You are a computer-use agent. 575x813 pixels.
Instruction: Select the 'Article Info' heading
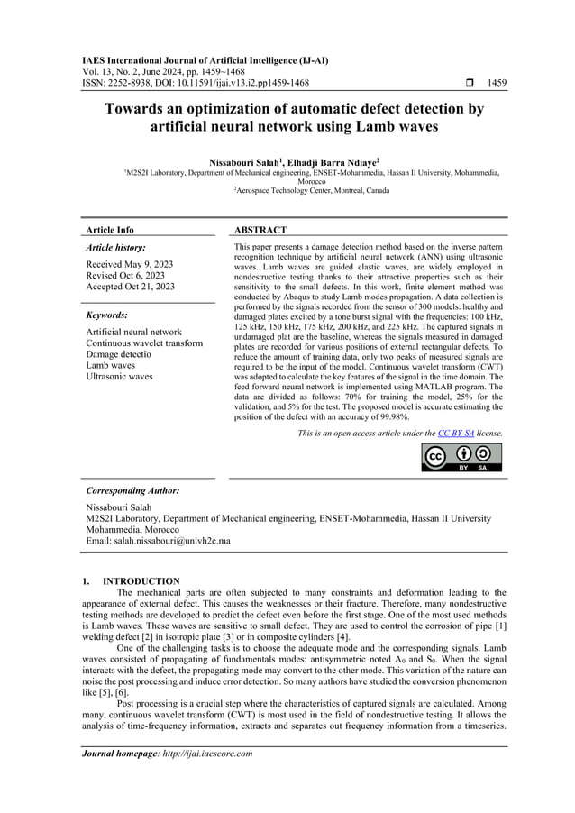(108, 230)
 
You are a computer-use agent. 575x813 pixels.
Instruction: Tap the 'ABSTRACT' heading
(260, 230)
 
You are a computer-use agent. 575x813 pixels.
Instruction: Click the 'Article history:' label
(114, 247)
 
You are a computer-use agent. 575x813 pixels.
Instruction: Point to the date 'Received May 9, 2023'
(128, 263)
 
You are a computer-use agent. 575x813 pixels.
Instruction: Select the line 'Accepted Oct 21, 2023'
(130, 286)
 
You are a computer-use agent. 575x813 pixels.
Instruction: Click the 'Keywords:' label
(106, 315)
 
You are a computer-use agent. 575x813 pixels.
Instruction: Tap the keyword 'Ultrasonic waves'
(119, 376)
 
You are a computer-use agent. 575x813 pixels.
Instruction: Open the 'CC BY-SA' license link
(456, 434)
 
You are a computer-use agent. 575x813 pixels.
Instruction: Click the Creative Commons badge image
(461, 457)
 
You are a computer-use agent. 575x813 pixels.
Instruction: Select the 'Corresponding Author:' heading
(132, 490)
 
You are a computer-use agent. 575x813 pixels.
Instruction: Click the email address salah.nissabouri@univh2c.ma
(158, 541)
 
